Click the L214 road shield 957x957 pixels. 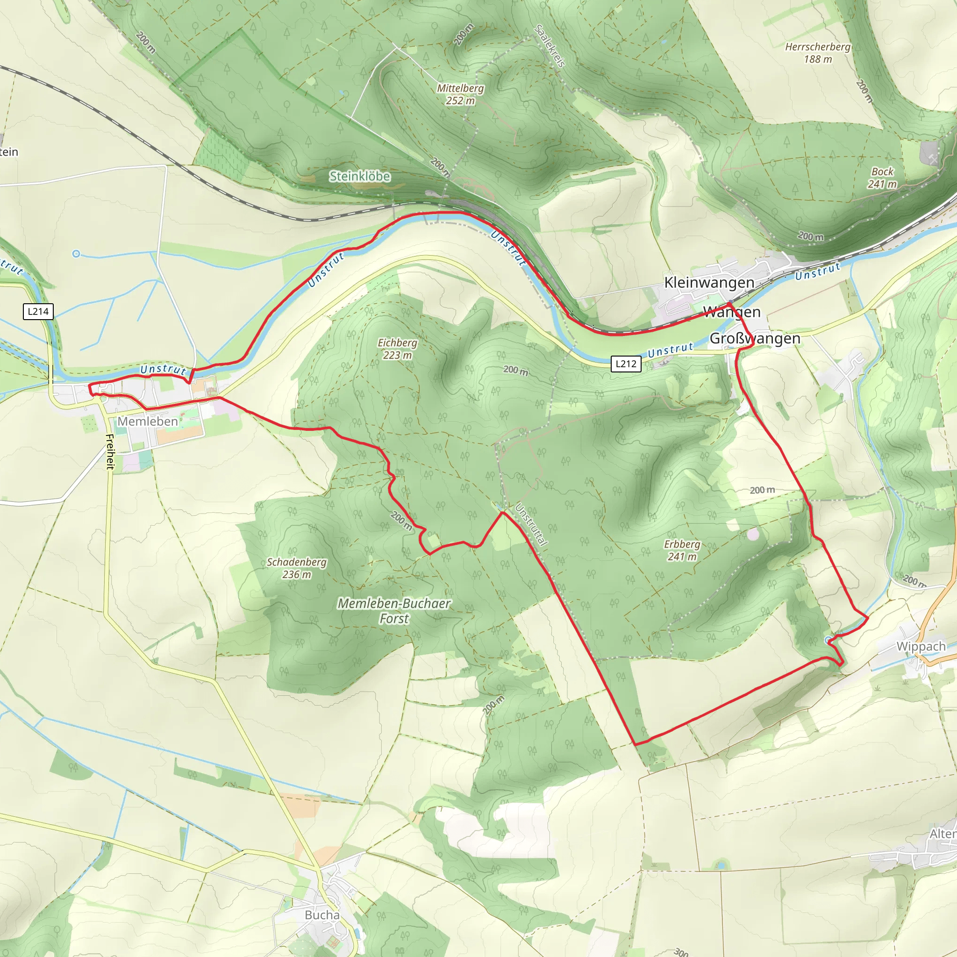tap(38, 312)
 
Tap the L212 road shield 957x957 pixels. tap(626, 364)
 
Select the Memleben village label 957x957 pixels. tap(148, 421)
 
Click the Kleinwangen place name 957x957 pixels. tap(709, 282)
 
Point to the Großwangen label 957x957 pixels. tap(755, 338)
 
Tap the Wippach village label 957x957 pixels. tap(921, 646)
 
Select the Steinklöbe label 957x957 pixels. tap(360, 176)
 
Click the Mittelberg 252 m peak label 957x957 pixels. tap(460, 94)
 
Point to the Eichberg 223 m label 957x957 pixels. tap(397, 349)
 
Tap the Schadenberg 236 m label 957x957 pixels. tap(297, 568)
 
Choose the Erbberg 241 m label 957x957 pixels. tap(682, 550)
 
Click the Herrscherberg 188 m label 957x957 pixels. tap(817, 52)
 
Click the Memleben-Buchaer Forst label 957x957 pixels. tap(394, 611)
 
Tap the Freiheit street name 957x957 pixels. tap(110, 451)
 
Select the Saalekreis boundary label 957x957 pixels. tap(550, 46)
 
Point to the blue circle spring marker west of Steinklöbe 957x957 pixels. tap(76, 254)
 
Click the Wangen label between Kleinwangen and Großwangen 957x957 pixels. tap(732, 312)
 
